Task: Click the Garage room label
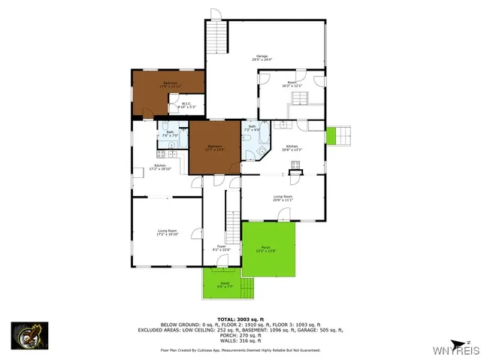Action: pyautogui.click(x=262, y=57)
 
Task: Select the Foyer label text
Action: pyautogui.click(x=222, y=248)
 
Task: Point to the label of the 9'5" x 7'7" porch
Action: pyautogui.click(x=225, y=284)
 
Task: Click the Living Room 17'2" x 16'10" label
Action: pyautogui.click(x=167, y=232)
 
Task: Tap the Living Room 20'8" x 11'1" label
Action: pyautogui.click(x=283, y=198)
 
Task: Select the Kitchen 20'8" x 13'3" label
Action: pyautogui.click(x=292, y=148)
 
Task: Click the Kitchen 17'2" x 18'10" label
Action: pyautogui.click(x=159, y=167)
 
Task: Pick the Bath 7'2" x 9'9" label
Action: pyautogui.click(x=253, y=128)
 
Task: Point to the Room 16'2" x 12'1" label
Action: pyautogui.click(x=291, y=85)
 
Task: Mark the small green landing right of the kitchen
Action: pyautogui.click(x=331, y=136)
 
